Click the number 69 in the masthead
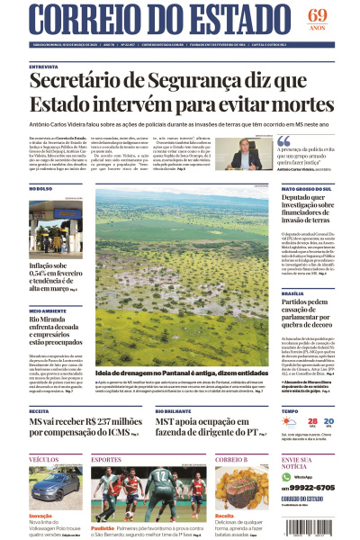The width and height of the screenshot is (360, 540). (317, 15)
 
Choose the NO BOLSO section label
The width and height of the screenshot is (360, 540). (41, 189)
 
